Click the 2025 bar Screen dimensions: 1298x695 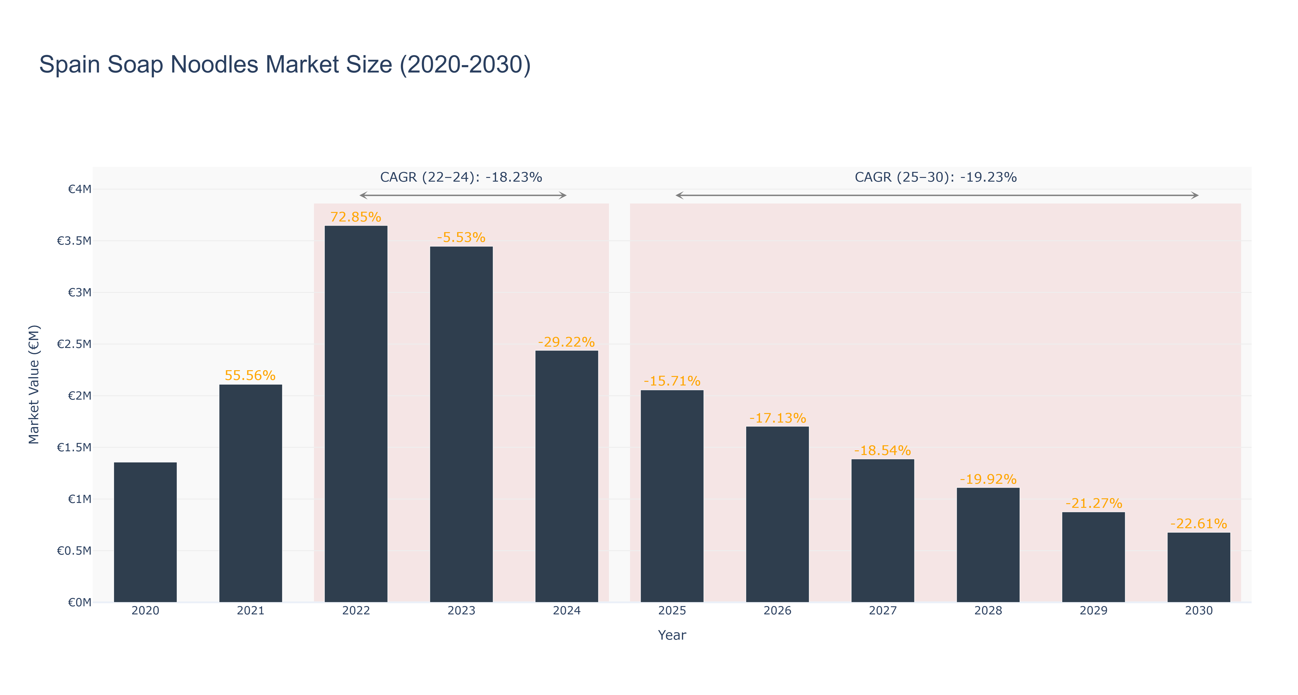pyautogui.click(x=672, y=496)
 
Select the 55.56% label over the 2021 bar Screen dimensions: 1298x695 pyautogui.click(x=250, y=376)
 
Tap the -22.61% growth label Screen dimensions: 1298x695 pyautogui.click(x=1199, y=524)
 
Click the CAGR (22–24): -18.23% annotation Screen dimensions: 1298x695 pyautogui.click(x=461, y=177)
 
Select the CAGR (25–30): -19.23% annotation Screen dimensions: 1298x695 pyautogui.click(x=936, y=177)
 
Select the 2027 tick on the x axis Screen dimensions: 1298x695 pyautogui.click(x=883, y=611)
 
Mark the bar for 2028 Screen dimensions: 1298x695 pyautogui.click(x=988, y=545)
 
